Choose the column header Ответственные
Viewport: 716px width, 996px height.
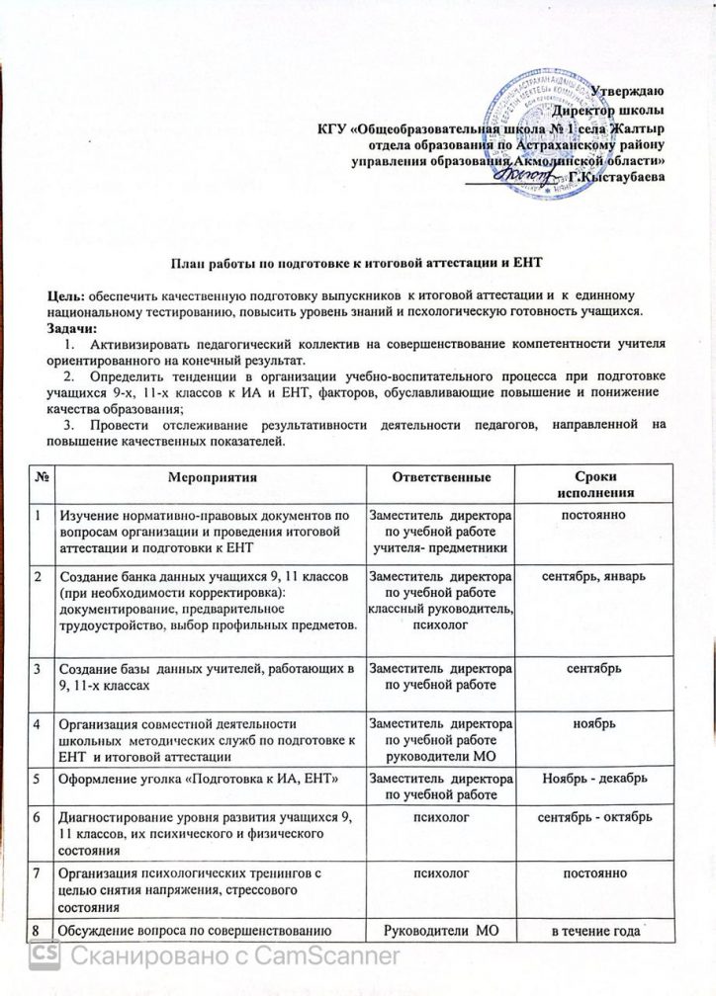440,477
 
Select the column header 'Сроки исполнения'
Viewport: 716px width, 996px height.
590,484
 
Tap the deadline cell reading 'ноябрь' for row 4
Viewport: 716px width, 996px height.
590,722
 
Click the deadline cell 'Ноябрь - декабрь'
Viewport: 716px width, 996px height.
590,778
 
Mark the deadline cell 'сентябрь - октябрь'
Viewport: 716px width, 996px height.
590,817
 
